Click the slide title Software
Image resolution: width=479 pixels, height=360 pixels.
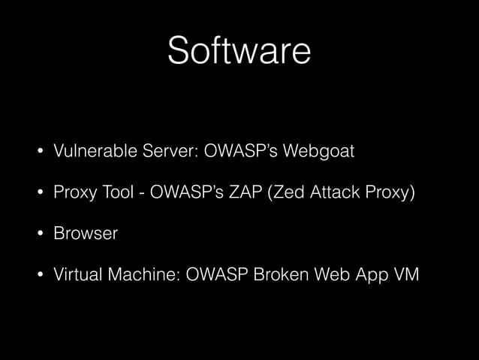pos(239,51)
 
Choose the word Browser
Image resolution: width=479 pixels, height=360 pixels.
pos(86,234)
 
